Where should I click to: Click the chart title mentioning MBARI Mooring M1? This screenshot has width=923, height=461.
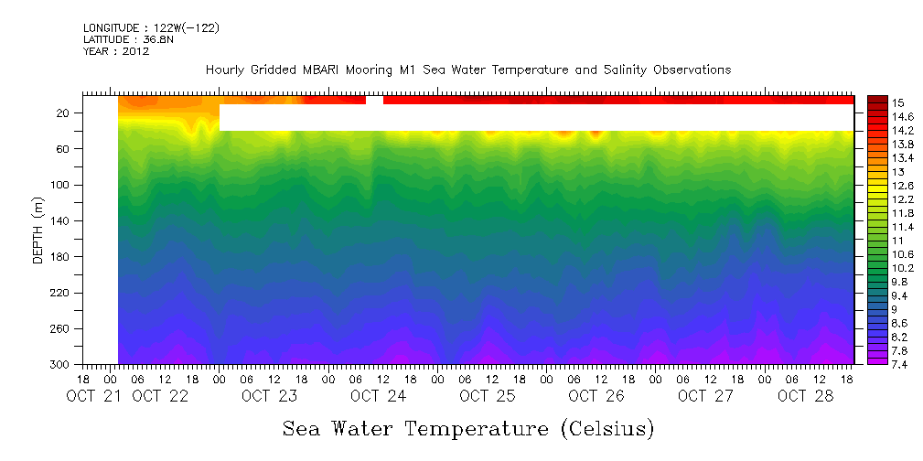[468, 70]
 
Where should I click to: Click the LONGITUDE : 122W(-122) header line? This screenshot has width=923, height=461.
[151, 28]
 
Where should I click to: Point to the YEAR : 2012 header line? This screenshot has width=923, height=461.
[116, 52]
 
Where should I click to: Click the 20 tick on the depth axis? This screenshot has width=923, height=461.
[64, 113]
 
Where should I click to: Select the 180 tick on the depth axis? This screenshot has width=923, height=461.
[61, 257]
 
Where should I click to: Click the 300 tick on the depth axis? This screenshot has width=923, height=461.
[61, 365]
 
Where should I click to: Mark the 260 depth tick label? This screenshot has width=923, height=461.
[61, 329]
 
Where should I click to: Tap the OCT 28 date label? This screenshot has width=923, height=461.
[803, 396]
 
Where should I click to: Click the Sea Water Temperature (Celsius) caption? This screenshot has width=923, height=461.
[468, 428]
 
